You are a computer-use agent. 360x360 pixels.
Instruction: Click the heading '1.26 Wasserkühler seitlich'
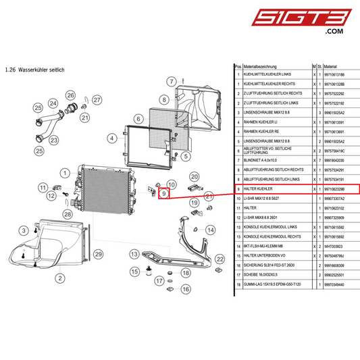34,70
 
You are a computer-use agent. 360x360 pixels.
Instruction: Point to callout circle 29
97,253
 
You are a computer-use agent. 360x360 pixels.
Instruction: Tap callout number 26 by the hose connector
72,93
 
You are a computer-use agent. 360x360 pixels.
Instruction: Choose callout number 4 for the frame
111,138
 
